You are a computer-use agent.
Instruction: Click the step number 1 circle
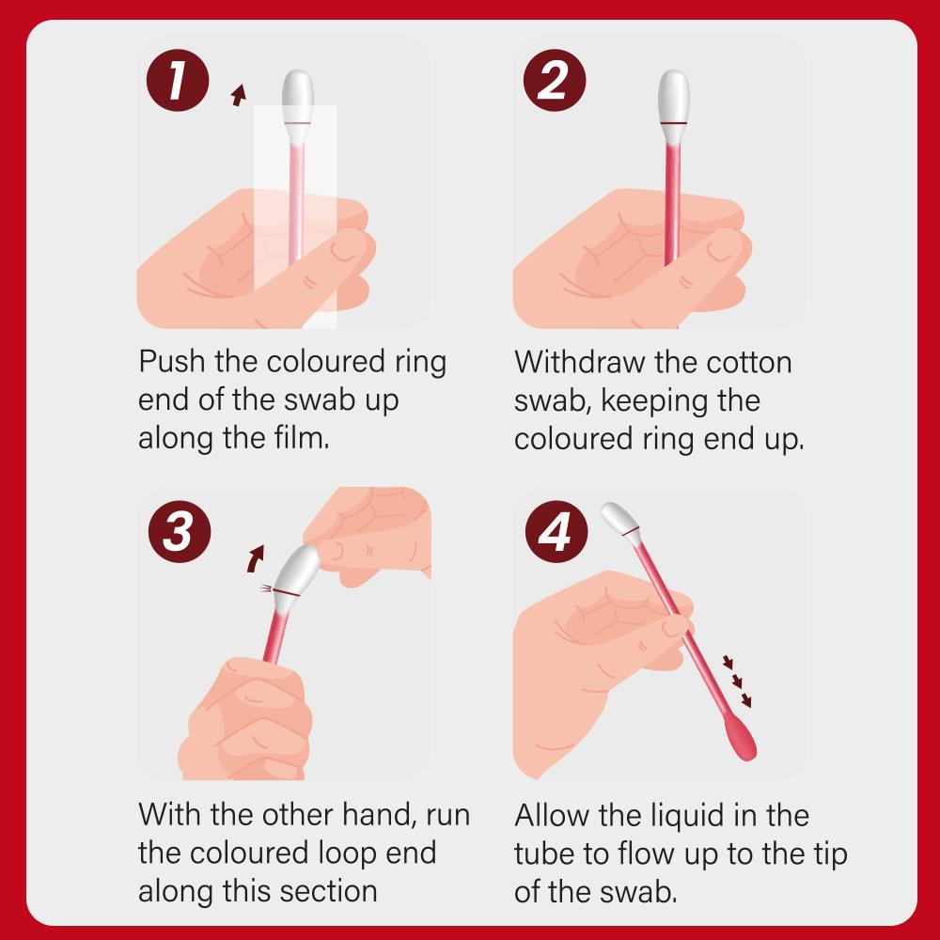coord(178,80)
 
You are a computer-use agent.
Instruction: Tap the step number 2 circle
coord(554,80)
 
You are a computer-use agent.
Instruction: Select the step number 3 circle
coord(180,532)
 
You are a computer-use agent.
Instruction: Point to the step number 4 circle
coord(556,532)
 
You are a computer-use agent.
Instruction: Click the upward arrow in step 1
coord(239,95)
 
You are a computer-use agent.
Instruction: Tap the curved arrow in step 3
coord(256,558)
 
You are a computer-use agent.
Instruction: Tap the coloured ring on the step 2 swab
coord(674,122)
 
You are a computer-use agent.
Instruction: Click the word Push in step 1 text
coord(172,362)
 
